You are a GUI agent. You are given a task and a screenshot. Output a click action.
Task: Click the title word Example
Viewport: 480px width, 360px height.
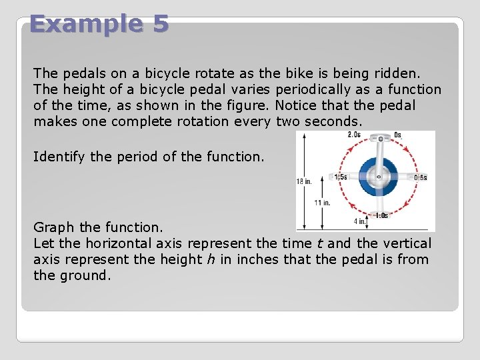tap(85, 24)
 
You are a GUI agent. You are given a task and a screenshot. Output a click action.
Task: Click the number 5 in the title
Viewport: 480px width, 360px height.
tap(160, 24)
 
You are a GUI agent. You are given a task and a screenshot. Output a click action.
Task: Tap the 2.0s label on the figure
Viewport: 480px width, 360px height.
tap(355, 135)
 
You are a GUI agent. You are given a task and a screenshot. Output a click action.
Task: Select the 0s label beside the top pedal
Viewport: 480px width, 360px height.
tap(397, 135)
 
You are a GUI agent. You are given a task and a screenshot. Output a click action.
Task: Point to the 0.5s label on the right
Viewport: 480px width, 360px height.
tap(420, 177)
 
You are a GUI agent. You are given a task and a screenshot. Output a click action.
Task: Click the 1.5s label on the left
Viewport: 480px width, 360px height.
tap(340, 177)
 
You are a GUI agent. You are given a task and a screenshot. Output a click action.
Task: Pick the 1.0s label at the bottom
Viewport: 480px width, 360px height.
tap(381, 215)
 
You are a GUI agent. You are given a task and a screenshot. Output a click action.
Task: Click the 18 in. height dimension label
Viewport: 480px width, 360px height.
tap(304, 181)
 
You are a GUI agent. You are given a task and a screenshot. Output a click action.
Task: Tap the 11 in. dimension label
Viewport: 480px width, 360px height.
tap(323, 202)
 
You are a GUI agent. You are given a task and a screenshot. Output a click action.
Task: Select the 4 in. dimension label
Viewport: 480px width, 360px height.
tap(359, 221)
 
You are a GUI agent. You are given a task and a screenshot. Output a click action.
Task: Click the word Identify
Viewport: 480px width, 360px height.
tap(59, 157)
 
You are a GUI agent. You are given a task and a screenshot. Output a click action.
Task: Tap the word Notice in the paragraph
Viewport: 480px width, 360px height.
tap(295, 105)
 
